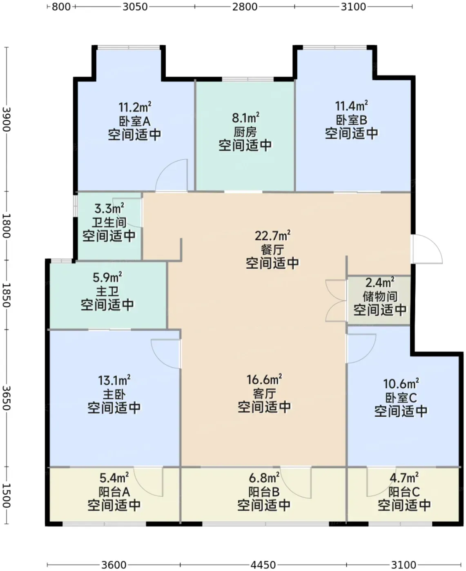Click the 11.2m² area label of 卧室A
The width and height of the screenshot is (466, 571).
point(135,107)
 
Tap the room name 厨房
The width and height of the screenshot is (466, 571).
point(245,132)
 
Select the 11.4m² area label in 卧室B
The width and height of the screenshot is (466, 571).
point(351,106)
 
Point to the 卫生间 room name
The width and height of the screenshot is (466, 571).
point(109,222)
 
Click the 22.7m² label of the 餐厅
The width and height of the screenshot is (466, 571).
point(272,236)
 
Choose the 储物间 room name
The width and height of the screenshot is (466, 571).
point(380,297)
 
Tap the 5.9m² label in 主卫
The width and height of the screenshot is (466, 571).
point(107,277)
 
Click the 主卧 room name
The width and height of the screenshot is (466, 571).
point(114,394)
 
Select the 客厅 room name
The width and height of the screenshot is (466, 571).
point(264,394)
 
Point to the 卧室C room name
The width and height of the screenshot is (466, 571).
point(401,398)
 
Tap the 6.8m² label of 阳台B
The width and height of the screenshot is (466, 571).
point(264,478)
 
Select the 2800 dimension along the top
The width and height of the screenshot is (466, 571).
point(245,7)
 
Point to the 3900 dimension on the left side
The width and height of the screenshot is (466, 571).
point(7,119)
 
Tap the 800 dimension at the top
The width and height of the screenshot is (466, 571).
point(61,7)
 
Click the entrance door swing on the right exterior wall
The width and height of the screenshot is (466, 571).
point(427,249)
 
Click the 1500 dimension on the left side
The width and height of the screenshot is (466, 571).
point(7,496)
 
